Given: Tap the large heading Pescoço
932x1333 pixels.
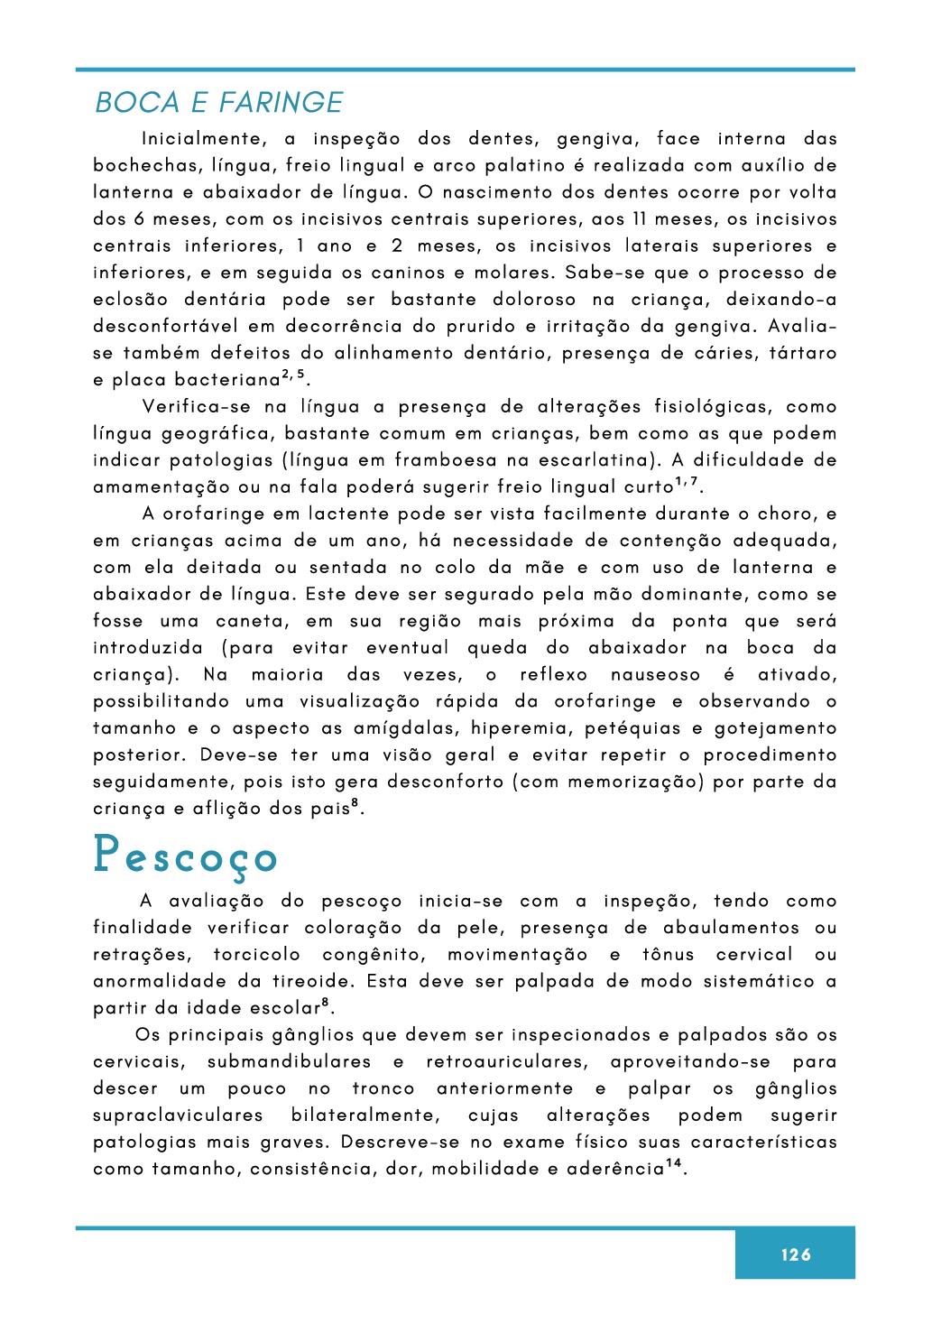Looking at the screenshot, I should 185,856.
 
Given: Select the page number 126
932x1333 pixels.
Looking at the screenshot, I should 796,1254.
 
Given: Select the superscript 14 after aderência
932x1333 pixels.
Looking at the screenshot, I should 673,1164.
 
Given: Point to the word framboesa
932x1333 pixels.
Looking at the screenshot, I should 447,460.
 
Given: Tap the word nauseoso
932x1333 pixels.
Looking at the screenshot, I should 655,675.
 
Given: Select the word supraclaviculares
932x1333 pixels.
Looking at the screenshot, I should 178,1115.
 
